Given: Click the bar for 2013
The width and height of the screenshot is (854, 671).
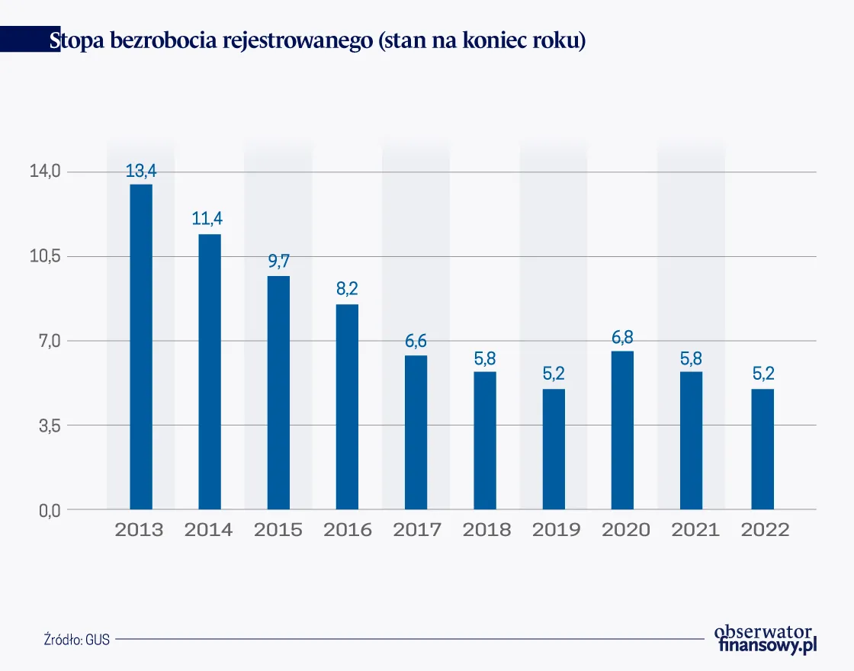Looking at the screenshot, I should pos(140,347).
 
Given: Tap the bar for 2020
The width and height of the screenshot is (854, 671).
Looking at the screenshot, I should pos(622,430).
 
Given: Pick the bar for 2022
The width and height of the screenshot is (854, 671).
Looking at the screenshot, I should pos(762,449).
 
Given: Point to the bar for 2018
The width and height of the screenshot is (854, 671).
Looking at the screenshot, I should pos(485,440).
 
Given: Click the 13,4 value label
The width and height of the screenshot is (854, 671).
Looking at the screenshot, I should pos(140,172).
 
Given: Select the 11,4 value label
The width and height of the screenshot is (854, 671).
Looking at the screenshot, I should pos(207,220).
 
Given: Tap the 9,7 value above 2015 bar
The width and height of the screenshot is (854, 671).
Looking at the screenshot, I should pos(278,262).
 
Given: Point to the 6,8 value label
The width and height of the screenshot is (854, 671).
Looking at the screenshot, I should pos(622,337).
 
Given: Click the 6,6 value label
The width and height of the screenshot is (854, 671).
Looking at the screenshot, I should pos(416,342).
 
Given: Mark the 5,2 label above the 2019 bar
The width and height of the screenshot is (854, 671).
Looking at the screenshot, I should pos(554,374).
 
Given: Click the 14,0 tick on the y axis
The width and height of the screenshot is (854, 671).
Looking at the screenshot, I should pos(45,172).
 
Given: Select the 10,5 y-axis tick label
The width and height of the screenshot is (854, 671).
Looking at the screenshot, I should pos(45,256).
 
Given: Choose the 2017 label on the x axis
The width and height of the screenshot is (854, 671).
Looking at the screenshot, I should pos(416,530).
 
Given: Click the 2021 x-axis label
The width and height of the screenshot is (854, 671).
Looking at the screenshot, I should pos(695,530).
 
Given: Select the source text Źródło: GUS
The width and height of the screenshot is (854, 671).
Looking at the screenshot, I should pos(76,640).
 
